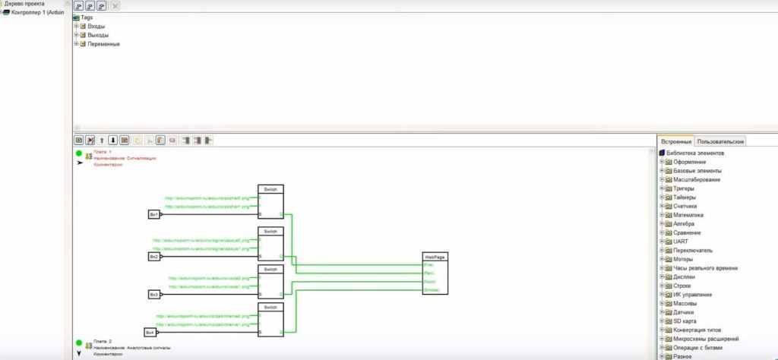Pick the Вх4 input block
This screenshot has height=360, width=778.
tap(150, 332)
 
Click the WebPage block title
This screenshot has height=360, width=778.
tap(435, 257)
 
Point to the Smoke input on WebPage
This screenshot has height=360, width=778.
tap(429, 290)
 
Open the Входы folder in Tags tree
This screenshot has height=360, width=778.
tap(96, 27)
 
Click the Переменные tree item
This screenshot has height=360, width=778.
tap(104, 44)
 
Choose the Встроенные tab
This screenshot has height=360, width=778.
tap(676, 141)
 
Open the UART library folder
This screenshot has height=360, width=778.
tap(680, 242)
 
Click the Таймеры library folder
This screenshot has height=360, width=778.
tap(685, 197)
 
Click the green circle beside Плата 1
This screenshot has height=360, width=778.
tap(78, 153)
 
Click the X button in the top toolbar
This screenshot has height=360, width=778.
tap(115, 6)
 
